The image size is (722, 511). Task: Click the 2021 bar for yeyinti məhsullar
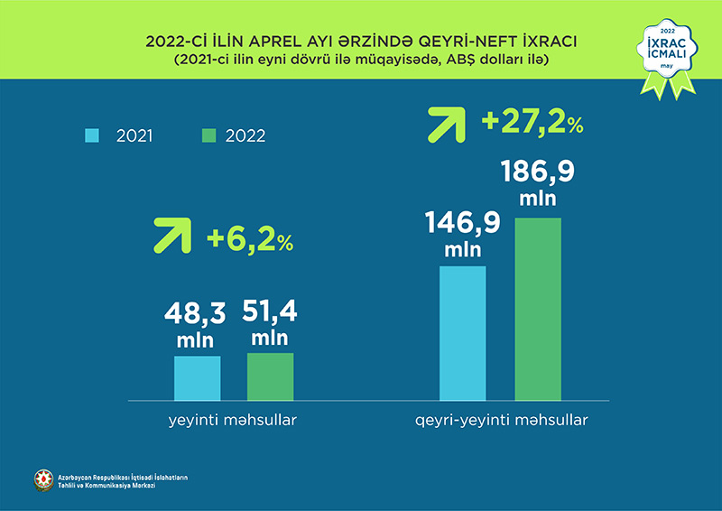click(197, 377)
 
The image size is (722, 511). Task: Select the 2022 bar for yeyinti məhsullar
click(270, 376)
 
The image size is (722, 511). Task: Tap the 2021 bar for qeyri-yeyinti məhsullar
click(462, 332)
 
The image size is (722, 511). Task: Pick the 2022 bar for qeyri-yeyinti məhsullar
click(538, 309)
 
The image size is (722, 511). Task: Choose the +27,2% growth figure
click(532, 123)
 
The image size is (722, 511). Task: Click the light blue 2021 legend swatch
click(92, 136)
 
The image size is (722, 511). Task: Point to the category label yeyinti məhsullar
click(234, 421)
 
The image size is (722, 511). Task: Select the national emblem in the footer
click(42, 480)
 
